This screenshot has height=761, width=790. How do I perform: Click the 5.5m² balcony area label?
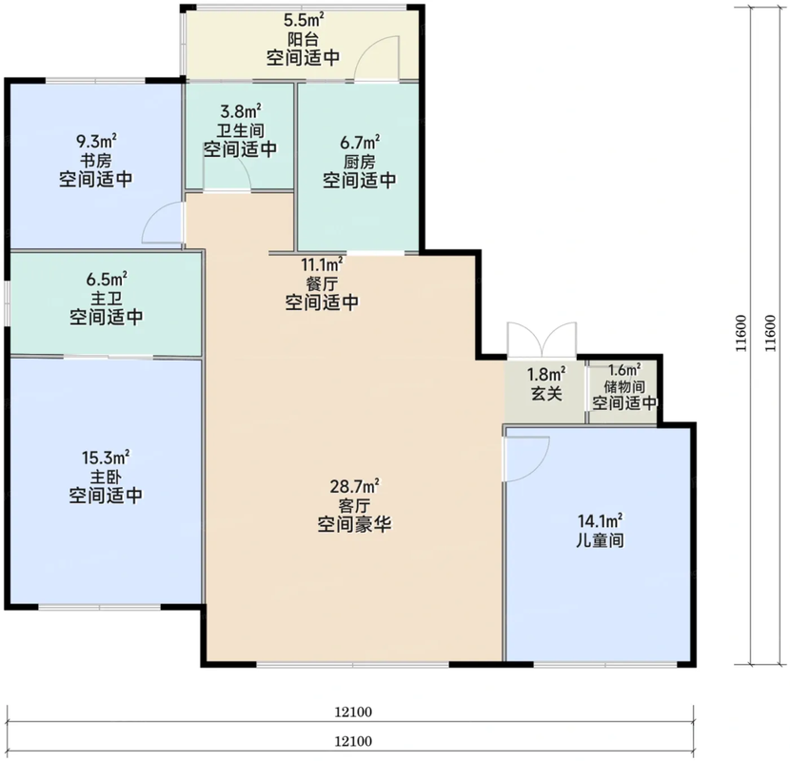[x=304, y=20]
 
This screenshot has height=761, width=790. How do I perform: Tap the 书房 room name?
[x=96, y=161]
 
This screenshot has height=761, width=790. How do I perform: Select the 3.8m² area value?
[x=240, y=110]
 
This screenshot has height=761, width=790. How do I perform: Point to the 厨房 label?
[x=359, y=162]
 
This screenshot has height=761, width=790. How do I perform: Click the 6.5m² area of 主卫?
[x=107, y=279]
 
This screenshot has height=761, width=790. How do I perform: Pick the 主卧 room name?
[x=106, y=477]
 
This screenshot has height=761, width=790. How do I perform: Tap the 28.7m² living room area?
[x=355, y=486]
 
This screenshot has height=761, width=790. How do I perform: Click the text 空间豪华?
[x=355, y=525]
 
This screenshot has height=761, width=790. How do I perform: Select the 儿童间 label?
[x=600, y=540]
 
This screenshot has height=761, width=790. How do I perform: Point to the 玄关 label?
[x=546, y=394]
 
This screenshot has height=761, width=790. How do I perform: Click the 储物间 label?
[x=624, y=387]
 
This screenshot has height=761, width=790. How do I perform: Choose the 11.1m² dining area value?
[x=322, y=264]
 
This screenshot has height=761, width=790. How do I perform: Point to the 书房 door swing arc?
[x=153, y=215]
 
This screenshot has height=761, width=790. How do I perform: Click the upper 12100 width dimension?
[x=353, y=712]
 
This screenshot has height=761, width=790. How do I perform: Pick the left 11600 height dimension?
[x=741, y=333]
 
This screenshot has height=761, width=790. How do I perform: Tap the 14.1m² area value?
[x=600, y=520]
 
